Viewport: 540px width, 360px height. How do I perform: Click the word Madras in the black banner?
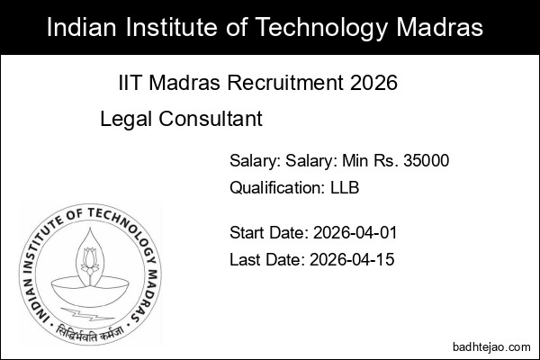pyautogui.click(x=443, y=27)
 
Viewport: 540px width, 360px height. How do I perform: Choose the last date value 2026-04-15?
pyautogui.click(x=351, y=260)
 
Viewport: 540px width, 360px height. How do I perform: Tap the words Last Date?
pyautogui.click(x=265, y=260)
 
